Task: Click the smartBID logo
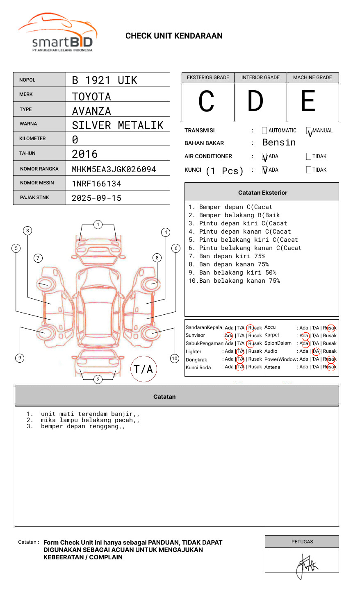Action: (x=57, y=33)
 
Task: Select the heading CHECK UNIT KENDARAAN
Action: (x=174, y=36)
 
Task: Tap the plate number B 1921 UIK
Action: (x=105, y=80)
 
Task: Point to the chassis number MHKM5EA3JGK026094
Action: (x=114, y=169)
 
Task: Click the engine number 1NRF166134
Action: (x=97, y=184)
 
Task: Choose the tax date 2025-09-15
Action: (x=97, y=198)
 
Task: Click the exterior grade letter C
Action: (x=207, y=102)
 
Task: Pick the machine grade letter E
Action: (x=308, y=101)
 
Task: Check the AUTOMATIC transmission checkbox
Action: (x=264, y=131)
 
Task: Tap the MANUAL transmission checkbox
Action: (x=309, y=131)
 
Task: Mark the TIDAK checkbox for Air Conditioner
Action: (x=309, y=157)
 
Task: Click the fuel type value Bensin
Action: (x=279, y=143)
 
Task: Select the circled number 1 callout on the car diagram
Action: (x=98, y=225)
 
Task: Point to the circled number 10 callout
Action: (x=175, y=359)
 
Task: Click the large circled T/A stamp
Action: (x=144, y=369)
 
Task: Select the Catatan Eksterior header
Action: (x=262, y=193)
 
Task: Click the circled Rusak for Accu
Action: (x=330, y=328)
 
